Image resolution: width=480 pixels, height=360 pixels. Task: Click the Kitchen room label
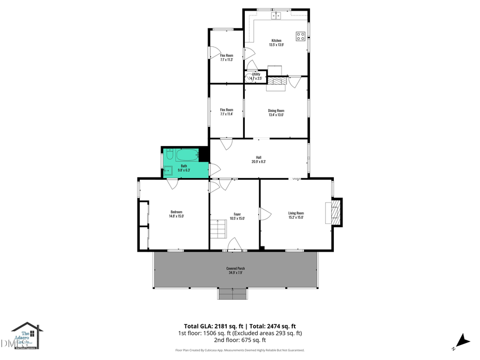[276, 41]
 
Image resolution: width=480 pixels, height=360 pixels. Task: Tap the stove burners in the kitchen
[301, 36]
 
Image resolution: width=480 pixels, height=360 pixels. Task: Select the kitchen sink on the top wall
[276, 16]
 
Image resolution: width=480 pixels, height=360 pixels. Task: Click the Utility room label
[256, 74]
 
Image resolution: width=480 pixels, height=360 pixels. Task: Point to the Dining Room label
[276, 110]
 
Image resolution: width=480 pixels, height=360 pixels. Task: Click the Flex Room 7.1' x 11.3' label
[226, 55]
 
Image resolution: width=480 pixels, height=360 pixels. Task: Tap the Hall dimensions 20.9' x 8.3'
[259, 162]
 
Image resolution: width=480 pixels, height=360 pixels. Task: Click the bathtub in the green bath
[187, 156]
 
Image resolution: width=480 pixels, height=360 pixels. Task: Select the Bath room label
[184, 166]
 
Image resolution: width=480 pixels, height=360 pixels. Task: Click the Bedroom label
[176, 213]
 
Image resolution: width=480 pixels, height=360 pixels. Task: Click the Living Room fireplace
[335, 212]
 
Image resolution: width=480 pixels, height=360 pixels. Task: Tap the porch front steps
[233, 294]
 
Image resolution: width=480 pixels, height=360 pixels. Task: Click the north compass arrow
[462, 340]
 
